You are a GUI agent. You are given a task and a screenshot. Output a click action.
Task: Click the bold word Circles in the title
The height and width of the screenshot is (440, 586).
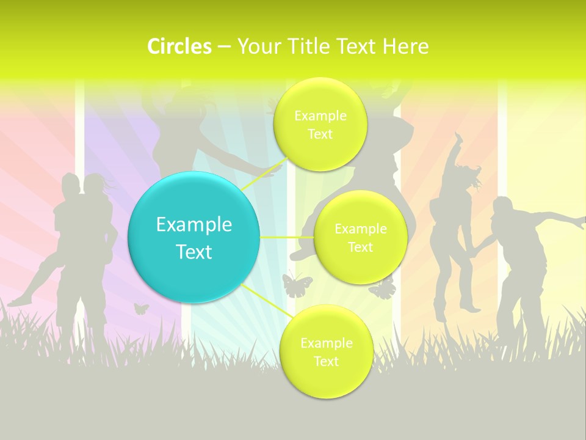pos(179,46)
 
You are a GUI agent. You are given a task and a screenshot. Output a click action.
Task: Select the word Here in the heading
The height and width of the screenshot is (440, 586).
pos(406,46)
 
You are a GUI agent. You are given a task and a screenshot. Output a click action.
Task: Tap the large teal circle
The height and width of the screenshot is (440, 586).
pos(194,238)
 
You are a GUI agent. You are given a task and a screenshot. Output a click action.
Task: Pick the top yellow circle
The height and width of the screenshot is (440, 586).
pos(320,124)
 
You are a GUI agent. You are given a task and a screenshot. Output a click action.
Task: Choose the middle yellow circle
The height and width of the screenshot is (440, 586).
pos(360,237)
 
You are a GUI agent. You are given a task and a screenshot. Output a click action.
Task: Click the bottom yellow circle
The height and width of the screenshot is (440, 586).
pos(326,351)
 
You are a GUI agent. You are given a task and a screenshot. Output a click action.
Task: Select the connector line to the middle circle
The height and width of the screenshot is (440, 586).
pos(287,237)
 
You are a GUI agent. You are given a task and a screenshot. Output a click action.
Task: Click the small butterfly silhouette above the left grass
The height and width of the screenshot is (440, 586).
pos(141,309)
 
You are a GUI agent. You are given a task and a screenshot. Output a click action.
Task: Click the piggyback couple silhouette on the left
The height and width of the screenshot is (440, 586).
pos(82,244)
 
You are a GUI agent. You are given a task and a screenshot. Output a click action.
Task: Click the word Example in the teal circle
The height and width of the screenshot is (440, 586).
pos(194,225)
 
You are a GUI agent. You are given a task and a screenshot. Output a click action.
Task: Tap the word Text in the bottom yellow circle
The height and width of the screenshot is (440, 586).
pos(326,361)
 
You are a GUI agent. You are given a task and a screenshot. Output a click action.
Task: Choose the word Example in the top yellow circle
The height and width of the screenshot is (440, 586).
pos(320,116)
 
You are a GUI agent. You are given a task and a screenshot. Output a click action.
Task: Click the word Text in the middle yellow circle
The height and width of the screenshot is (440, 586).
pos(360,247)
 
